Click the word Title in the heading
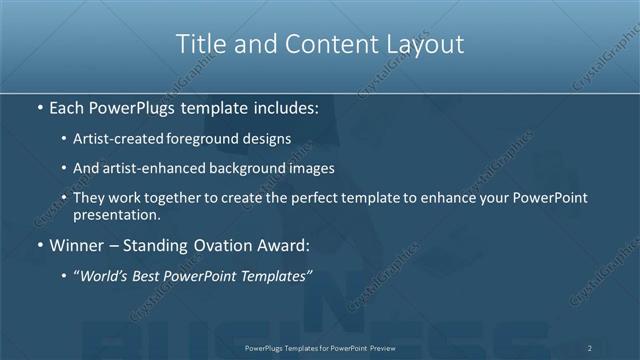pyautogui.click(x=200, y=44)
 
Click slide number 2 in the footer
pyautogui.click(x=590, y=347)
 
